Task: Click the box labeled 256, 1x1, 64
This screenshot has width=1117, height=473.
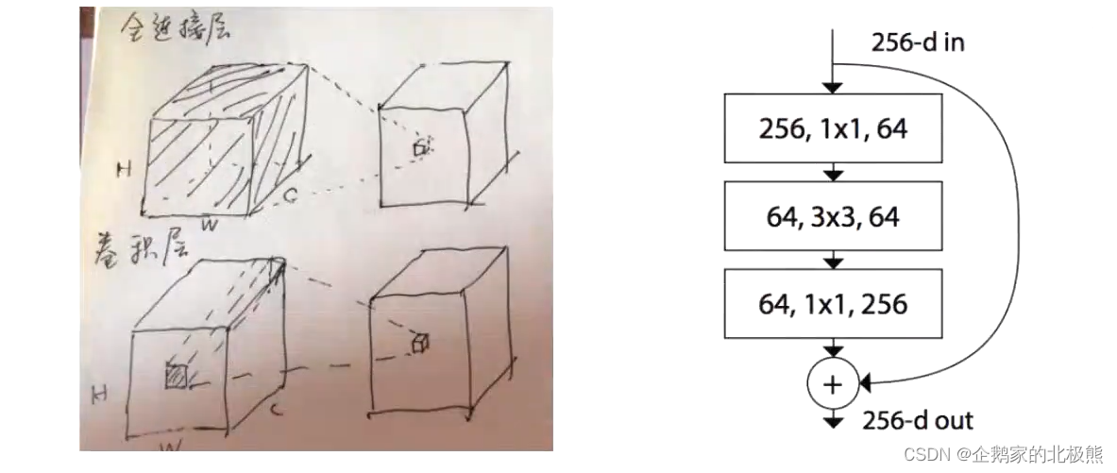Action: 832,128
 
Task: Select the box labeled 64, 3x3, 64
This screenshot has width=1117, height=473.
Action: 832,216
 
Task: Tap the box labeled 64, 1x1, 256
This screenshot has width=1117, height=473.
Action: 832,304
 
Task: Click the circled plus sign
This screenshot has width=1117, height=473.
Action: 833,383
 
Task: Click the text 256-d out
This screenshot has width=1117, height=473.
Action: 917,421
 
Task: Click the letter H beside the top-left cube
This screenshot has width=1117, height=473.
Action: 123,170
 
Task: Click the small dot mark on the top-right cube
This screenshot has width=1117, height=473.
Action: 421,148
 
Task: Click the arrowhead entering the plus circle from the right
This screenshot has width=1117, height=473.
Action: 862,383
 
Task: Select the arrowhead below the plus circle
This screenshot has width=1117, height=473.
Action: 833,422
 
